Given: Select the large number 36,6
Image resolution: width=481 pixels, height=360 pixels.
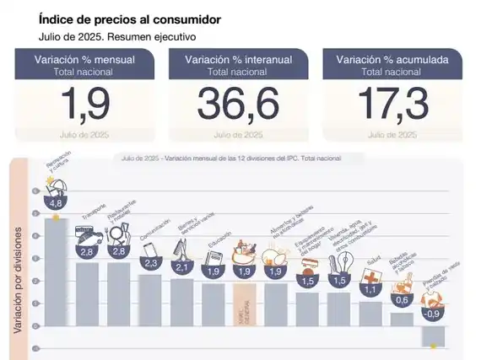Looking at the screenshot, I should [x=239, y=105].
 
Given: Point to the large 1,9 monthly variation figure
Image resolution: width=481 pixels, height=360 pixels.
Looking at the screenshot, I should [x=84, y=105].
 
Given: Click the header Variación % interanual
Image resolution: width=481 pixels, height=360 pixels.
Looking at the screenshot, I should [x=239, y=59].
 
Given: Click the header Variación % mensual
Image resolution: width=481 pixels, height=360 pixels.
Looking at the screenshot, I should [x=84, y=59].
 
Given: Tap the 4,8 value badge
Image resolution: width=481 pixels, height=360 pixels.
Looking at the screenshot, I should [x=57, y=203].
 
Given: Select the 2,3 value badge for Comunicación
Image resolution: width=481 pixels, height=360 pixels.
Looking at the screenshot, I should [x=151, y=263].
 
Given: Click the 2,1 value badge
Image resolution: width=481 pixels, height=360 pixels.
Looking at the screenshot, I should [x=182, y=267].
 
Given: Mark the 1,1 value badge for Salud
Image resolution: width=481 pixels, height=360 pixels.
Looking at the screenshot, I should [x=370, y=289].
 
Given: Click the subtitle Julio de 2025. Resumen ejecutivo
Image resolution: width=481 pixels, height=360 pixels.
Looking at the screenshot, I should [x=116, y=37].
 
